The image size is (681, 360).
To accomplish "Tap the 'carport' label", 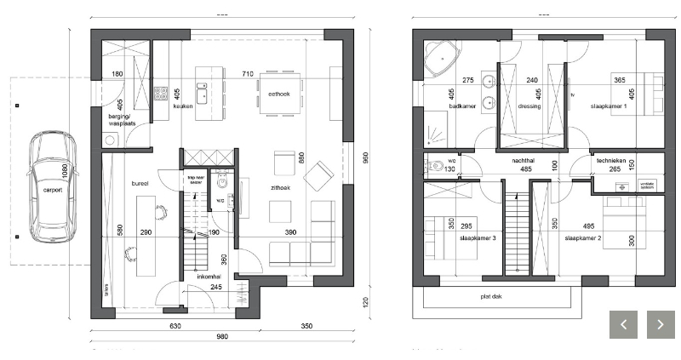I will [x=53, y=191].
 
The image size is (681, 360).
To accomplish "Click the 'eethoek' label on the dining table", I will [x=279, y=94].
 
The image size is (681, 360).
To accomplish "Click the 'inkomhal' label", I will [x=209, y=277].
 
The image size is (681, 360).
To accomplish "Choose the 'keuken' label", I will [x=183, y=107].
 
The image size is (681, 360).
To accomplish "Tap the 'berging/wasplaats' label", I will [x=122, y=120].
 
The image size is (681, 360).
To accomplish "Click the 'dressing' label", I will [x=529, y=107].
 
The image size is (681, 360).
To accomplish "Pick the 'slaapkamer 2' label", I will [x=582, y=239].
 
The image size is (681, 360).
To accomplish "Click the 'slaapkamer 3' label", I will [x=478, y=238].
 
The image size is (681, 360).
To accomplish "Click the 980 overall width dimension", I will [x=221, y=336].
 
